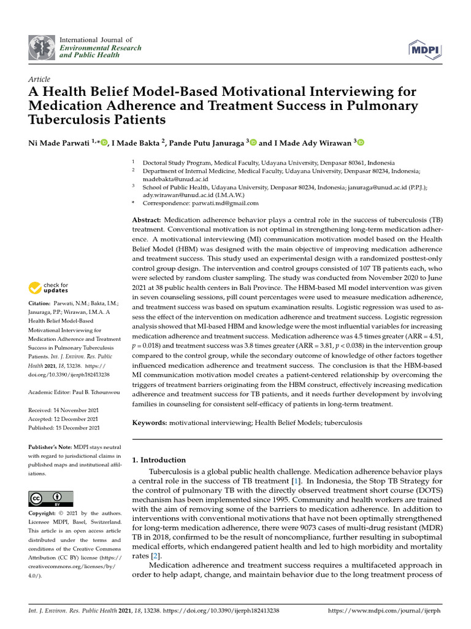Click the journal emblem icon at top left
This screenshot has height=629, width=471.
pos(42,47)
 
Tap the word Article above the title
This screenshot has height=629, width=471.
pos(39,79)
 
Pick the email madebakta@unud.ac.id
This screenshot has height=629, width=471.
pos(171,179)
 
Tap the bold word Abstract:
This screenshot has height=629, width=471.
pos(147,220)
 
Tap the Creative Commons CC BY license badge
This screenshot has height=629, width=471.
pos(51,498)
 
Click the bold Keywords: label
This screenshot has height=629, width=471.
pos(150,423)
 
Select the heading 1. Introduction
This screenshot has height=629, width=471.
pos(159,459)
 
